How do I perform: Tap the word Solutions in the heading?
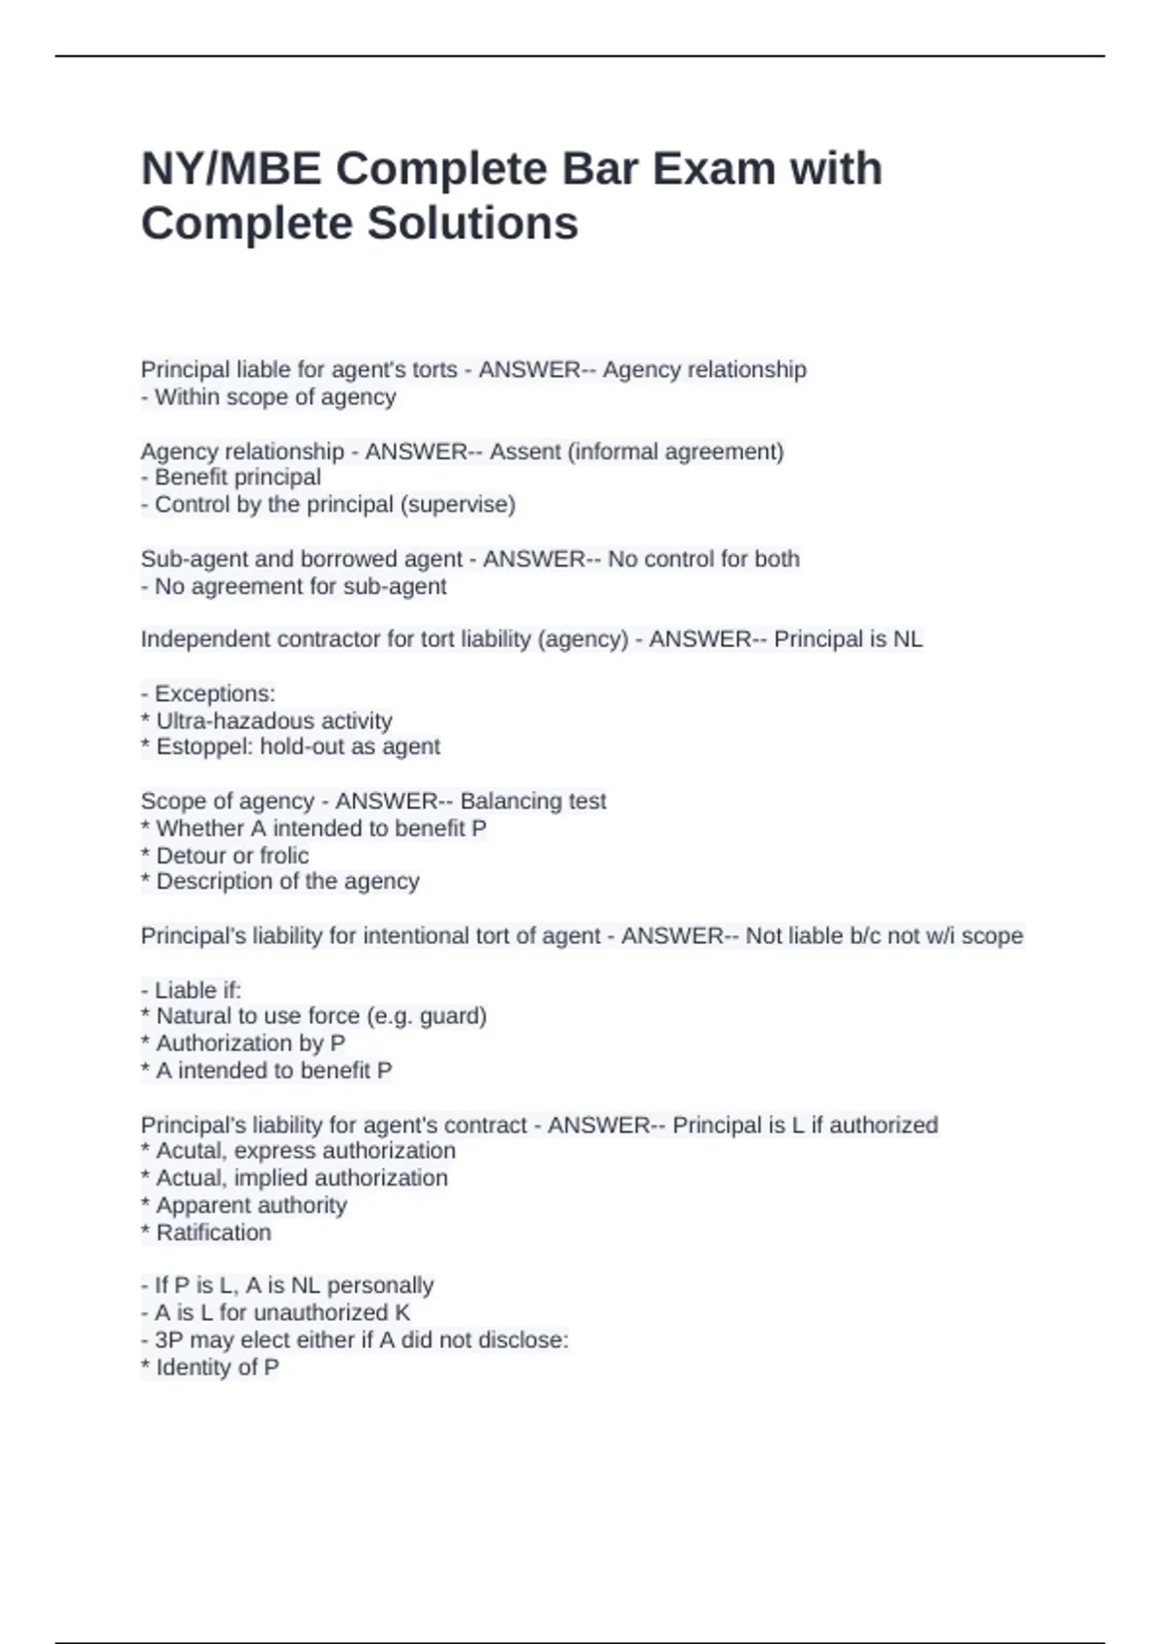coord(472,223)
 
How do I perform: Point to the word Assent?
coord(525,452)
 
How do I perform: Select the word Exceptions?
coord(215,693)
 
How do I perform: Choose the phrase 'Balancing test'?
coord(533,801)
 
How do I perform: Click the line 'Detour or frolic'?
coord(232,855)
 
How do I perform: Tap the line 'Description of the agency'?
coord(287,881)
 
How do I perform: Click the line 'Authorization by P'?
coord(250,1042)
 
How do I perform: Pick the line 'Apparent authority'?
coord(251,1205)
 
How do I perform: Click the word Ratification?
coord(214,1232)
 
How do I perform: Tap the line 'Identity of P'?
coord(217,1367)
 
